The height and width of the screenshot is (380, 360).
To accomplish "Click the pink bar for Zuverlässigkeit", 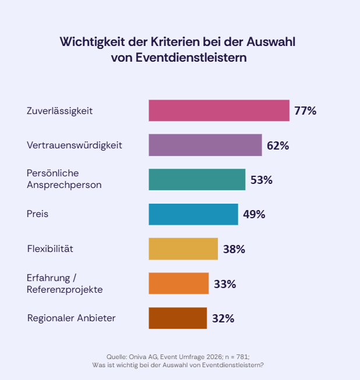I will click(x=218, y=111).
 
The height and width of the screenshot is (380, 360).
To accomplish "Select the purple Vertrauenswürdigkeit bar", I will click(x=205, y=145).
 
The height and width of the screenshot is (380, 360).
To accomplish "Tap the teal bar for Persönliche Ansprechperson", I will click(x=197, y=179).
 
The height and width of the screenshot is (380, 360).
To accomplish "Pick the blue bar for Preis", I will click(x=193, y=214).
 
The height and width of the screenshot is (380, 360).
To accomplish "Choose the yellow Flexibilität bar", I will click(x=183, y=248).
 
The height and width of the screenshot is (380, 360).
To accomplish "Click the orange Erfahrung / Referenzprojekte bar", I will click(x=178, y=283).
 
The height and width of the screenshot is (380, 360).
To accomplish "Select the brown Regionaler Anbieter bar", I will click(x=178, y=318).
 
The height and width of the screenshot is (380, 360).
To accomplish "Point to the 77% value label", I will click(x=305, y=111).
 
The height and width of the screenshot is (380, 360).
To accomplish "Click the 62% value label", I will click(x=278, y=145).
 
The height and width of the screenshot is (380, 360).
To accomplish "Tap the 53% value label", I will click(x=262, y=180).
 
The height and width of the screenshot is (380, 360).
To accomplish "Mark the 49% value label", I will click(x=254, y=214).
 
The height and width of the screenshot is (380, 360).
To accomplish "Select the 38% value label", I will click(x=234, y=249).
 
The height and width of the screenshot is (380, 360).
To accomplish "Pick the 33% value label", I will click(x=225, y=284).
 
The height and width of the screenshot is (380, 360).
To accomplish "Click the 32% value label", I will click(x=223, y=318).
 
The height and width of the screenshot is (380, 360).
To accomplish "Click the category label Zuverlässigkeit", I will click(x=60, y=111).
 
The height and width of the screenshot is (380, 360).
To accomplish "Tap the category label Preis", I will click(x=38, y=214).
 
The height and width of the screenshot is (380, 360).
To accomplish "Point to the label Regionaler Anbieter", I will click(x=72, y=318).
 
